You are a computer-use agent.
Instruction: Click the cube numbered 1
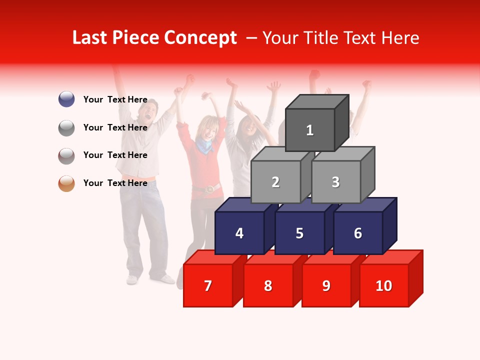[x=310, y=130]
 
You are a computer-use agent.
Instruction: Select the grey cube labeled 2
[x=275, y=182]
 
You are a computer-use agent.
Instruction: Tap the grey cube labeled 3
[x=335, y=182]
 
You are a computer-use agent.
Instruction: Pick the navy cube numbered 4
[x=239, y=233]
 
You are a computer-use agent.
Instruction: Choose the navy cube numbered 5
[x=299, y=233]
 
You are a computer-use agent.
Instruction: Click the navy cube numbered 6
[x=358, y=233]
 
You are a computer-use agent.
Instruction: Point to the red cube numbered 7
[x=208, y=285]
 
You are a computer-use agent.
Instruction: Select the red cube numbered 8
[x=268, y=285]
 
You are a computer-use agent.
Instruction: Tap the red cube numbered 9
[x=326, y=285]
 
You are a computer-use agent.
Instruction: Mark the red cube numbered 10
[x=384, y=285]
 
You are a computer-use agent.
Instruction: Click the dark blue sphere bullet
[x=66, y=99]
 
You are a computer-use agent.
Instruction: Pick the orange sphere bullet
[x=66, y=183]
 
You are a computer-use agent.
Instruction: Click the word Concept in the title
[x=200, y=38]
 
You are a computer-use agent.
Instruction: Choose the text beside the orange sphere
[x=115, y=183]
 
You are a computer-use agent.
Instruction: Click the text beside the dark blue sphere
[x=115, y=99]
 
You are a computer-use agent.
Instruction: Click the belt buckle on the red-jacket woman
[x=210, y=188]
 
